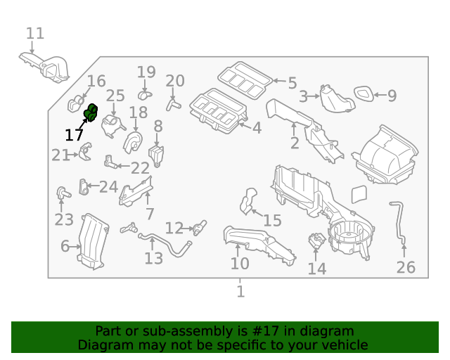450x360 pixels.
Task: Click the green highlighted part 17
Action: point(91,112)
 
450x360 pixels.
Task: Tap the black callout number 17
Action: point(74,135)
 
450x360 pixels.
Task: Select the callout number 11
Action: point(35,33)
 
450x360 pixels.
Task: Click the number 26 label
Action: point(406,267)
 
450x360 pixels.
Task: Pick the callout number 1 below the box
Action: point(240,291)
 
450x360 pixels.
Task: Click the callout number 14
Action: point(317,269)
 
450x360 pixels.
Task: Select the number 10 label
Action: point(240,263)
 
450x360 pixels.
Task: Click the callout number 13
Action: point(153,258)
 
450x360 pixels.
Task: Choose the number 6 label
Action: point(65,246)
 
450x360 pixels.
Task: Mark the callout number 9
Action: point(392,95)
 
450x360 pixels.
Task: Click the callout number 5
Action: point(292,82)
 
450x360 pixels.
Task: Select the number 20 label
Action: point(174,80)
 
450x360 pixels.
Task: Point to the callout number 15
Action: point(271,221)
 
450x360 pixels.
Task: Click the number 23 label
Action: point(63,220)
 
